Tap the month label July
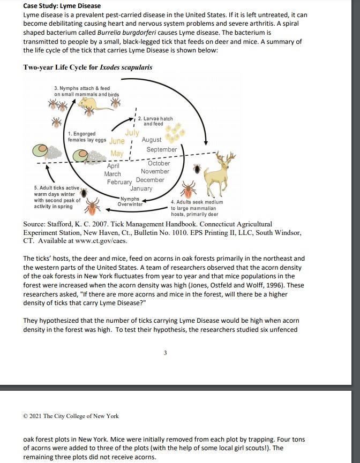coord(132,132)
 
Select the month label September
coord(161,149)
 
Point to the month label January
coord(141,188)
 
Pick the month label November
coord(155,171)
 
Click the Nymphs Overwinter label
coord(130,202)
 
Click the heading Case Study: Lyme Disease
coord(62,6)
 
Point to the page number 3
coord(165,352)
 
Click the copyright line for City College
coord(71,416)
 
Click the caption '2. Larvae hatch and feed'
coord(155,121)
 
